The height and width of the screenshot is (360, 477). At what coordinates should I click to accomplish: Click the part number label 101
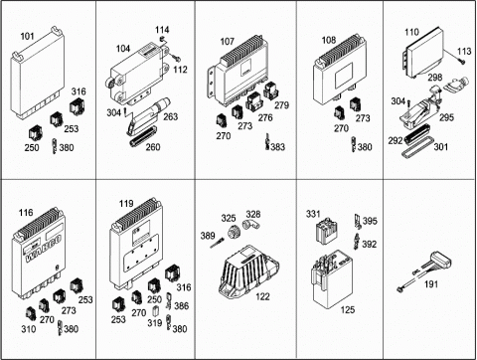tap(27, 36)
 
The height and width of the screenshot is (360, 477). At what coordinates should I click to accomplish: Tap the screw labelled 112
tap(177, 59)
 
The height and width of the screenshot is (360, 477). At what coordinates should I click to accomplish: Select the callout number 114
tap(162, 30)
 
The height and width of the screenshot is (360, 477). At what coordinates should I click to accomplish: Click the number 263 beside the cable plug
tap(170, 116)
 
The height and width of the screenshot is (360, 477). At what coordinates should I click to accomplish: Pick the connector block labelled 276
tap(254, 101)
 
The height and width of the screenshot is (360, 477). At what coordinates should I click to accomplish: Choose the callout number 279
tap(281, 105)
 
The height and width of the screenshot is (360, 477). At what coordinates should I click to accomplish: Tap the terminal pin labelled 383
tap(267, 141)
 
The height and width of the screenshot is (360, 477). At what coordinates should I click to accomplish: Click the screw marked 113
tap(461, 61)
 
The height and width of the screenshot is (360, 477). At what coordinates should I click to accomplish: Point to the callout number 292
tap(396, 140)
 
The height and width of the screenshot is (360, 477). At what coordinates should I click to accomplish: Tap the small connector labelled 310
tap(31, 313)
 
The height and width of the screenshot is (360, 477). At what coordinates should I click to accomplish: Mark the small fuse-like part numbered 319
tap(155, 311)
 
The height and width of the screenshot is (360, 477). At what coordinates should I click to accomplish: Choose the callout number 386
tap(182, 305)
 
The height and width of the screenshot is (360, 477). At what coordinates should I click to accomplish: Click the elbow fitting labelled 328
tap(251, 225)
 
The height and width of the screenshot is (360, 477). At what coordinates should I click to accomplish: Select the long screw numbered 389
tap(218, 243)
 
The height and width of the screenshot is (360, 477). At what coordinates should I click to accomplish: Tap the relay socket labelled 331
tap(327, 230)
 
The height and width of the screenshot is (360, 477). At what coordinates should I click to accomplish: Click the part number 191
tap(431, 284)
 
